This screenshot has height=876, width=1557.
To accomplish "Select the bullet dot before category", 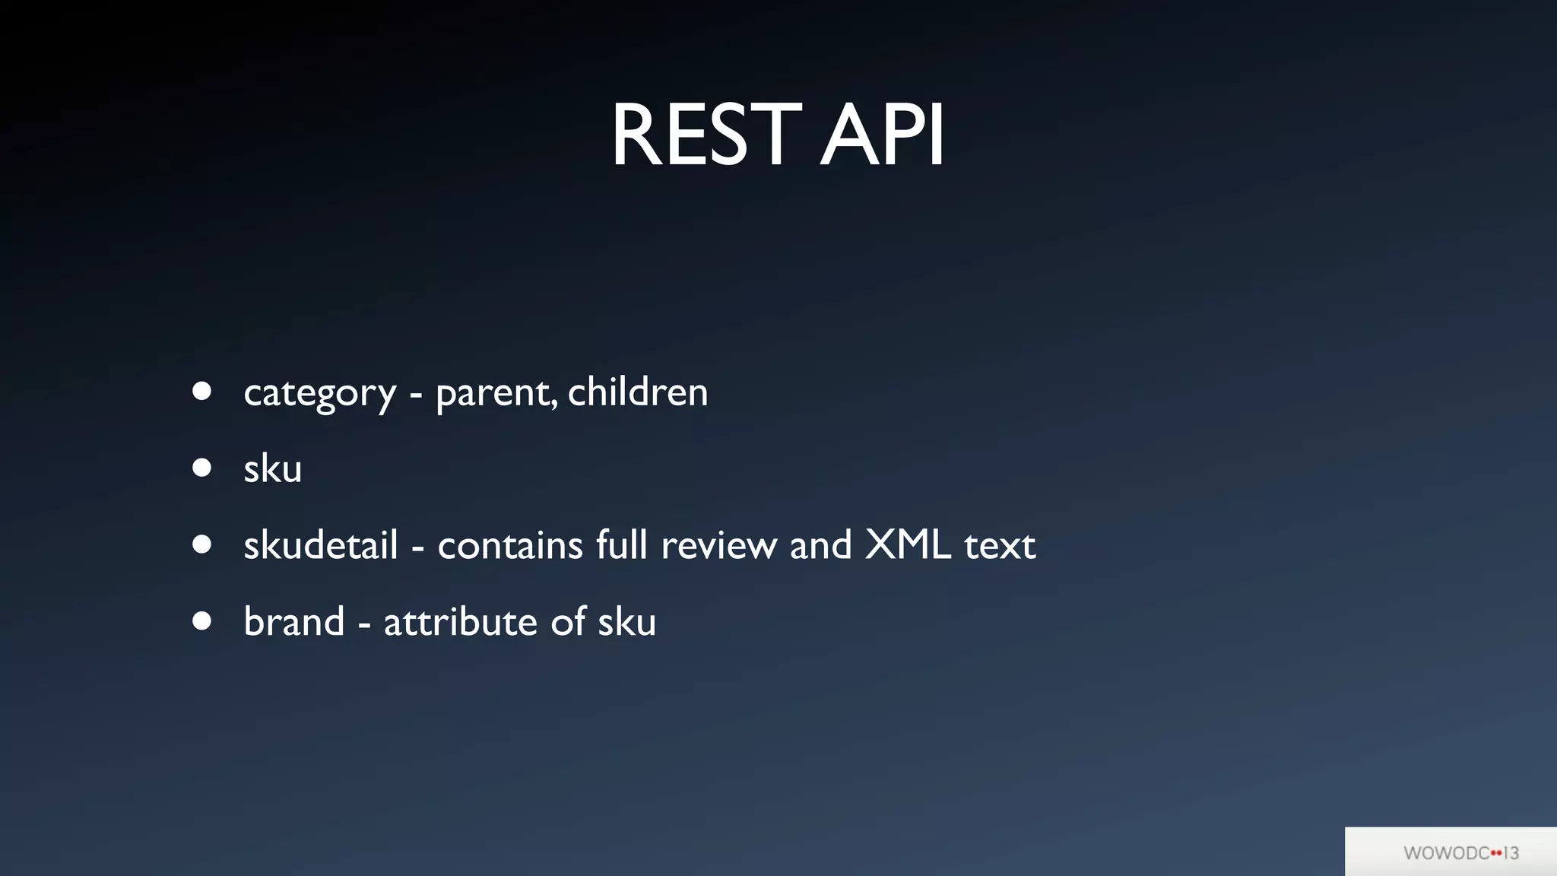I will [x=201, y=391].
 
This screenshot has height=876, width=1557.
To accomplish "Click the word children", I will [x=637, y=392].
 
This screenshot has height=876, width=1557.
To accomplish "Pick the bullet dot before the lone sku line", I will [x=201, y=468].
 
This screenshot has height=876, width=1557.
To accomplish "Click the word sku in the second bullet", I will [x=272, y=468].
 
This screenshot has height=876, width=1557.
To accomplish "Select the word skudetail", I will [x=320, y=545].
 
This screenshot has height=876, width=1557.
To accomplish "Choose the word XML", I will [x=908, y=545].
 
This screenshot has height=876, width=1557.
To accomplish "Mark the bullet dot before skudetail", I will [x=201, y=544].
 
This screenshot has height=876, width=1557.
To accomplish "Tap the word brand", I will [x=293, y=622].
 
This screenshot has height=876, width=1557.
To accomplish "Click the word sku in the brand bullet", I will [x=626, y=622].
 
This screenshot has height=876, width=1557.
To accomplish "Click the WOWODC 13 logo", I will [x=1460, y=852].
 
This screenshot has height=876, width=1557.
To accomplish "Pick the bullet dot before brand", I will [x=201, y=621].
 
